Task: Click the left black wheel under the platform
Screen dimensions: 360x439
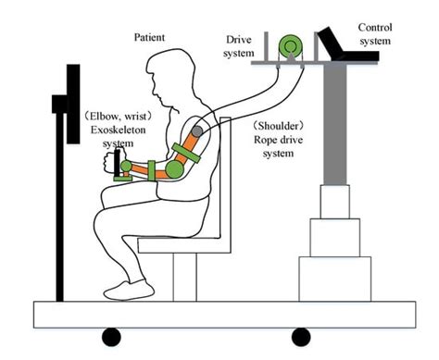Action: (111, 335)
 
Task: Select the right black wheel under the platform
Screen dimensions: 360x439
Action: (300, 335)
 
